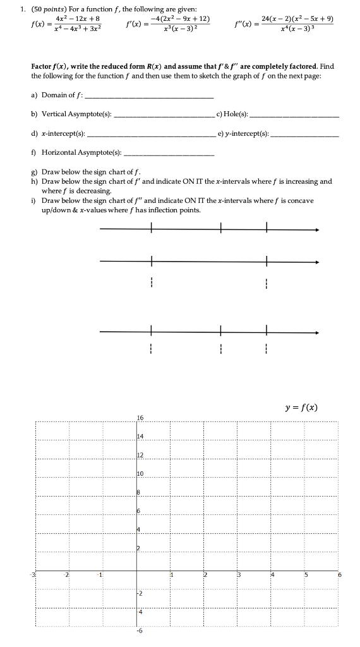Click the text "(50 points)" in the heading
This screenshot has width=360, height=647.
[x=54, y=8]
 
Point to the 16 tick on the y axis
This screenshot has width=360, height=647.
[x=140, y=418]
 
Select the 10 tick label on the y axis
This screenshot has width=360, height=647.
[x=140, y=473]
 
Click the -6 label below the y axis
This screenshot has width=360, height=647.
[x=140, y=631]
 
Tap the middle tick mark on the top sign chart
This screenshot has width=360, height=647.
[x=221, y=229]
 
